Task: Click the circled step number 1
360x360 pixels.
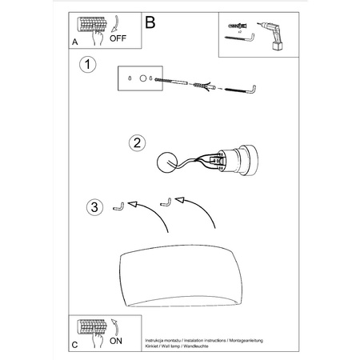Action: pyautogui.click(x=90, y=64)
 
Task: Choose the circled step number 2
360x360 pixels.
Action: pyautogui.click(x=138, y=143)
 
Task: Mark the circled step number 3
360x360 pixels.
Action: pyautogui.click(x=94, y=208)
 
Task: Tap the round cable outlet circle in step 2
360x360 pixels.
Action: pyautogui.click(x=168, y=161)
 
